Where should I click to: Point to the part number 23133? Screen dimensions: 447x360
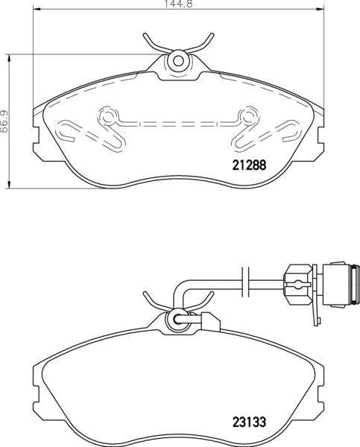click(246, 422)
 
